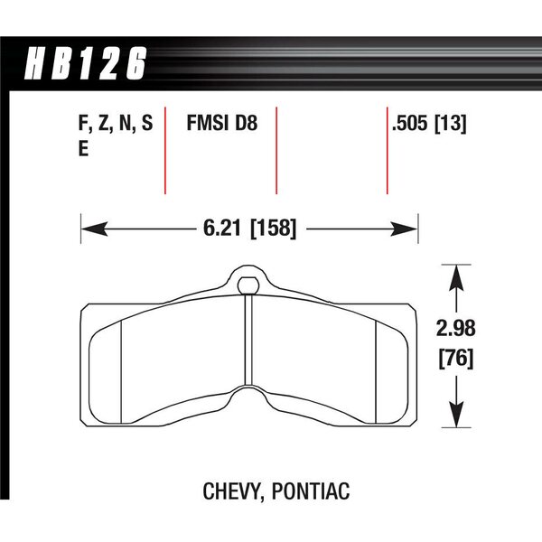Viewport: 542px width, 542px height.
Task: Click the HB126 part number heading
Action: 86,63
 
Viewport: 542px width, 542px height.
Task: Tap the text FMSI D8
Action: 222,123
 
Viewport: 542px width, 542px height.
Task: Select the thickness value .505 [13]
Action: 429,123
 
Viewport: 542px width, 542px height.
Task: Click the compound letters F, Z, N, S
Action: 116,124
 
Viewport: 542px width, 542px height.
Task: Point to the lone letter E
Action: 83,149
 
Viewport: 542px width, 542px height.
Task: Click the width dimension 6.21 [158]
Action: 249,229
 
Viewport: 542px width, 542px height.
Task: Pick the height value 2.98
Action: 455,328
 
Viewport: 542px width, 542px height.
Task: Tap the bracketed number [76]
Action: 456,359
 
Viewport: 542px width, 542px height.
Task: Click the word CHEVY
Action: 234,491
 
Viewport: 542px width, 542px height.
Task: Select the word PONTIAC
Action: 311,491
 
